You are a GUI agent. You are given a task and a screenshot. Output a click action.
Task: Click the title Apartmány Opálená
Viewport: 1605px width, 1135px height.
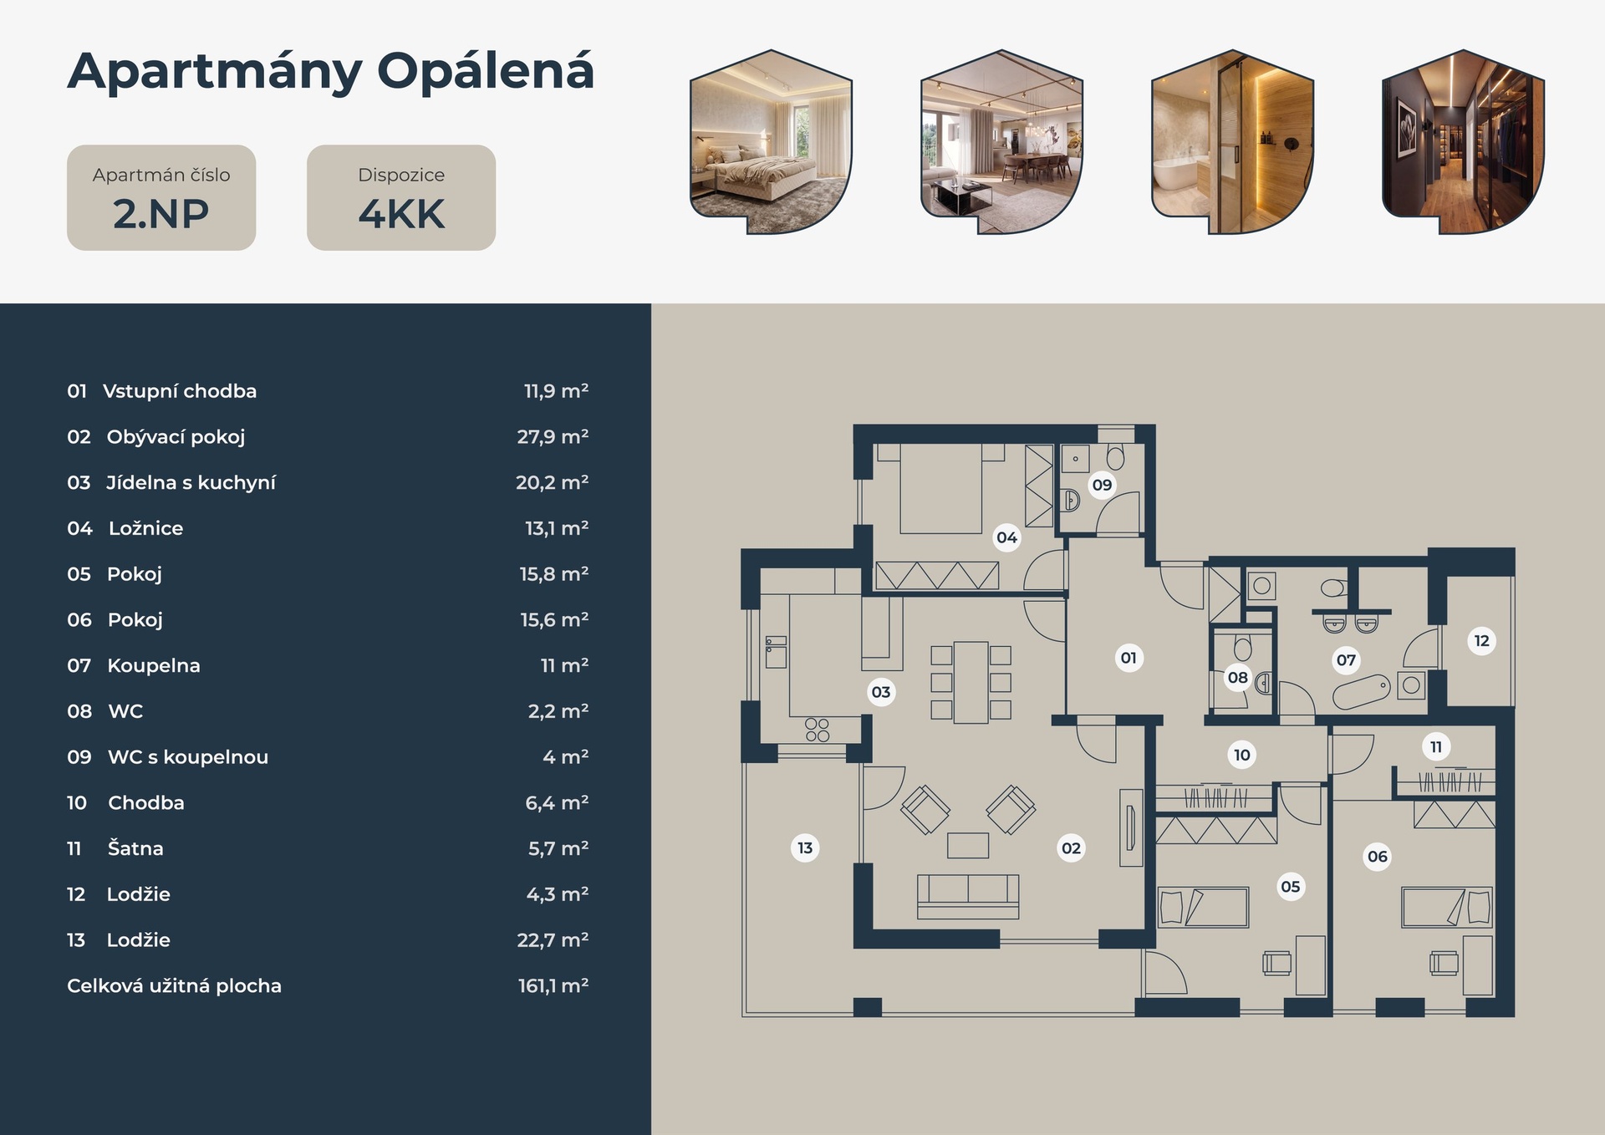(331, 73)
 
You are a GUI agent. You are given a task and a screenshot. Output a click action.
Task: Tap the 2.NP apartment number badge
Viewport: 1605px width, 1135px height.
(161, 197)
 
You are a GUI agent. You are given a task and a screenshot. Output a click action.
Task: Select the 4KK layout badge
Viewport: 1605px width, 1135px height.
(401, 197)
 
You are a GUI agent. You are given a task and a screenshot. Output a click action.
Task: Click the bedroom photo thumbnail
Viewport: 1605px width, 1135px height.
(771, 142)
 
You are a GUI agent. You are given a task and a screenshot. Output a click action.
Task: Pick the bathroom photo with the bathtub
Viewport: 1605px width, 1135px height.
(1232, 142)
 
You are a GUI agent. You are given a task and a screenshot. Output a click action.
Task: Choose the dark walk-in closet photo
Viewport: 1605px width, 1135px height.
(1463, 142)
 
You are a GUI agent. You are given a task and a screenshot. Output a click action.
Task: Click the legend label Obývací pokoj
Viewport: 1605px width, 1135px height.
(176, 437)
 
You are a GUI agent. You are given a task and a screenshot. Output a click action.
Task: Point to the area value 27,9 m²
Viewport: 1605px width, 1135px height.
(553, 437)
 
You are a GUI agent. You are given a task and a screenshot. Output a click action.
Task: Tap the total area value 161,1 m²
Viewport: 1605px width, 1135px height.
(553, 986)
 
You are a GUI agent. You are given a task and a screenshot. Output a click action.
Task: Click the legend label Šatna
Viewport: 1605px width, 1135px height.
(135, 848)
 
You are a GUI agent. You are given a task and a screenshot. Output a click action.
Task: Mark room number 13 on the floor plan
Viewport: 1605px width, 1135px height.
(805, 848)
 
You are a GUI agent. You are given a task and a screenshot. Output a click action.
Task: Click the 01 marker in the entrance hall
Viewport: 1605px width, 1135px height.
(1129, 658)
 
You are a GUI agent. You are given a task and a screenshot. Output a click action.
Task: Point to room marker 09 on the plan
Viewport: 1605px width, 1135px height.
(1102, 485)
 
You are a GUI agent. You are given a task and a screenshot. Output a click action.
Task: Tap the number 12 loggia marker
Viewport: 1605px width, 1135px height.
(1481, 641)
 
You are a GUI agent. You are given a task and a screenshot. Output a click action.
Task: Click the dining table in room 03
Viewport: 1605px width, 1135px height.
(971, 682)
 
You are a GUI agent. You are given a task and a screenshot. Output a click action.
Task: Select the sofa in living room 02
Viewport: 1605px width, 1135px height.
(968, 897)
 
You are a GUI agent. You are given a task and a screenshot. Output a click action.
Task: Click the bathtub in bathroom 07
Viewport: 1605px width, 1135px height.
(1361, 692)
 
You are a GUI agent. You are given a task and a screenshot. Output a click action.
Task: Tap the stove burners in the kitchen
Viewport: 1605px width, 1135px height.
(818, 730)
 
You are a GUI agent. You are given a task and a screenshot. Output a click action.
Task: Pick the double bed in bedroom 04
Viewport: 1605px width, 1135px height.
(940, 489)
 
